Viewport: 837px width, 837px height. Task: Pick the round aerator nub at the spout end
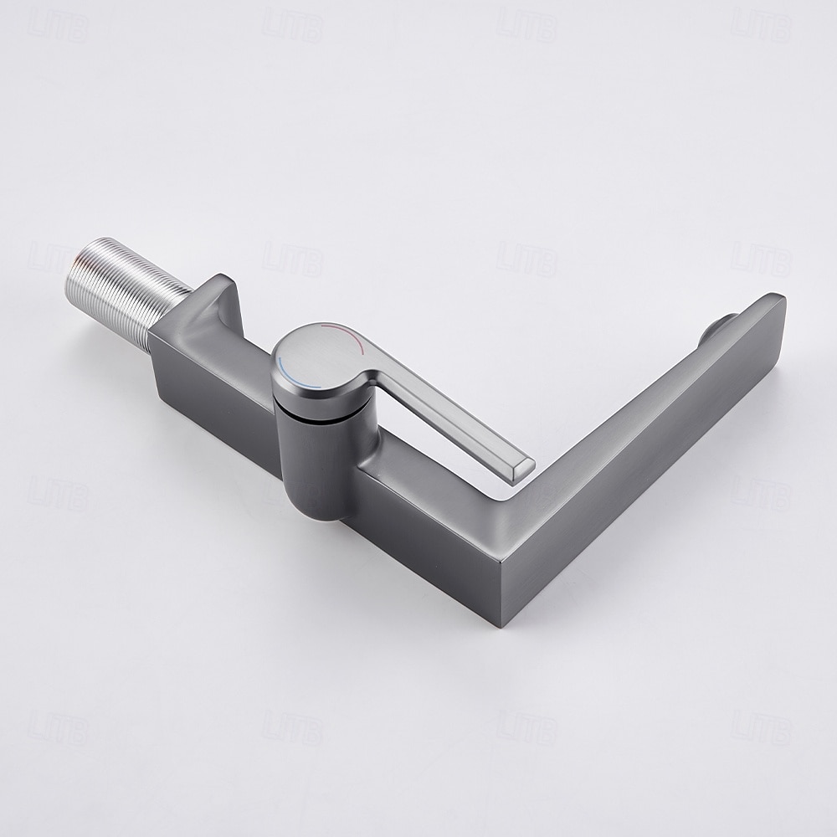click(721, 323)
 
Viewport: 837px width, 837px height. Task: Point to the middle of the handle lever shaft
click(444, 418)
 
